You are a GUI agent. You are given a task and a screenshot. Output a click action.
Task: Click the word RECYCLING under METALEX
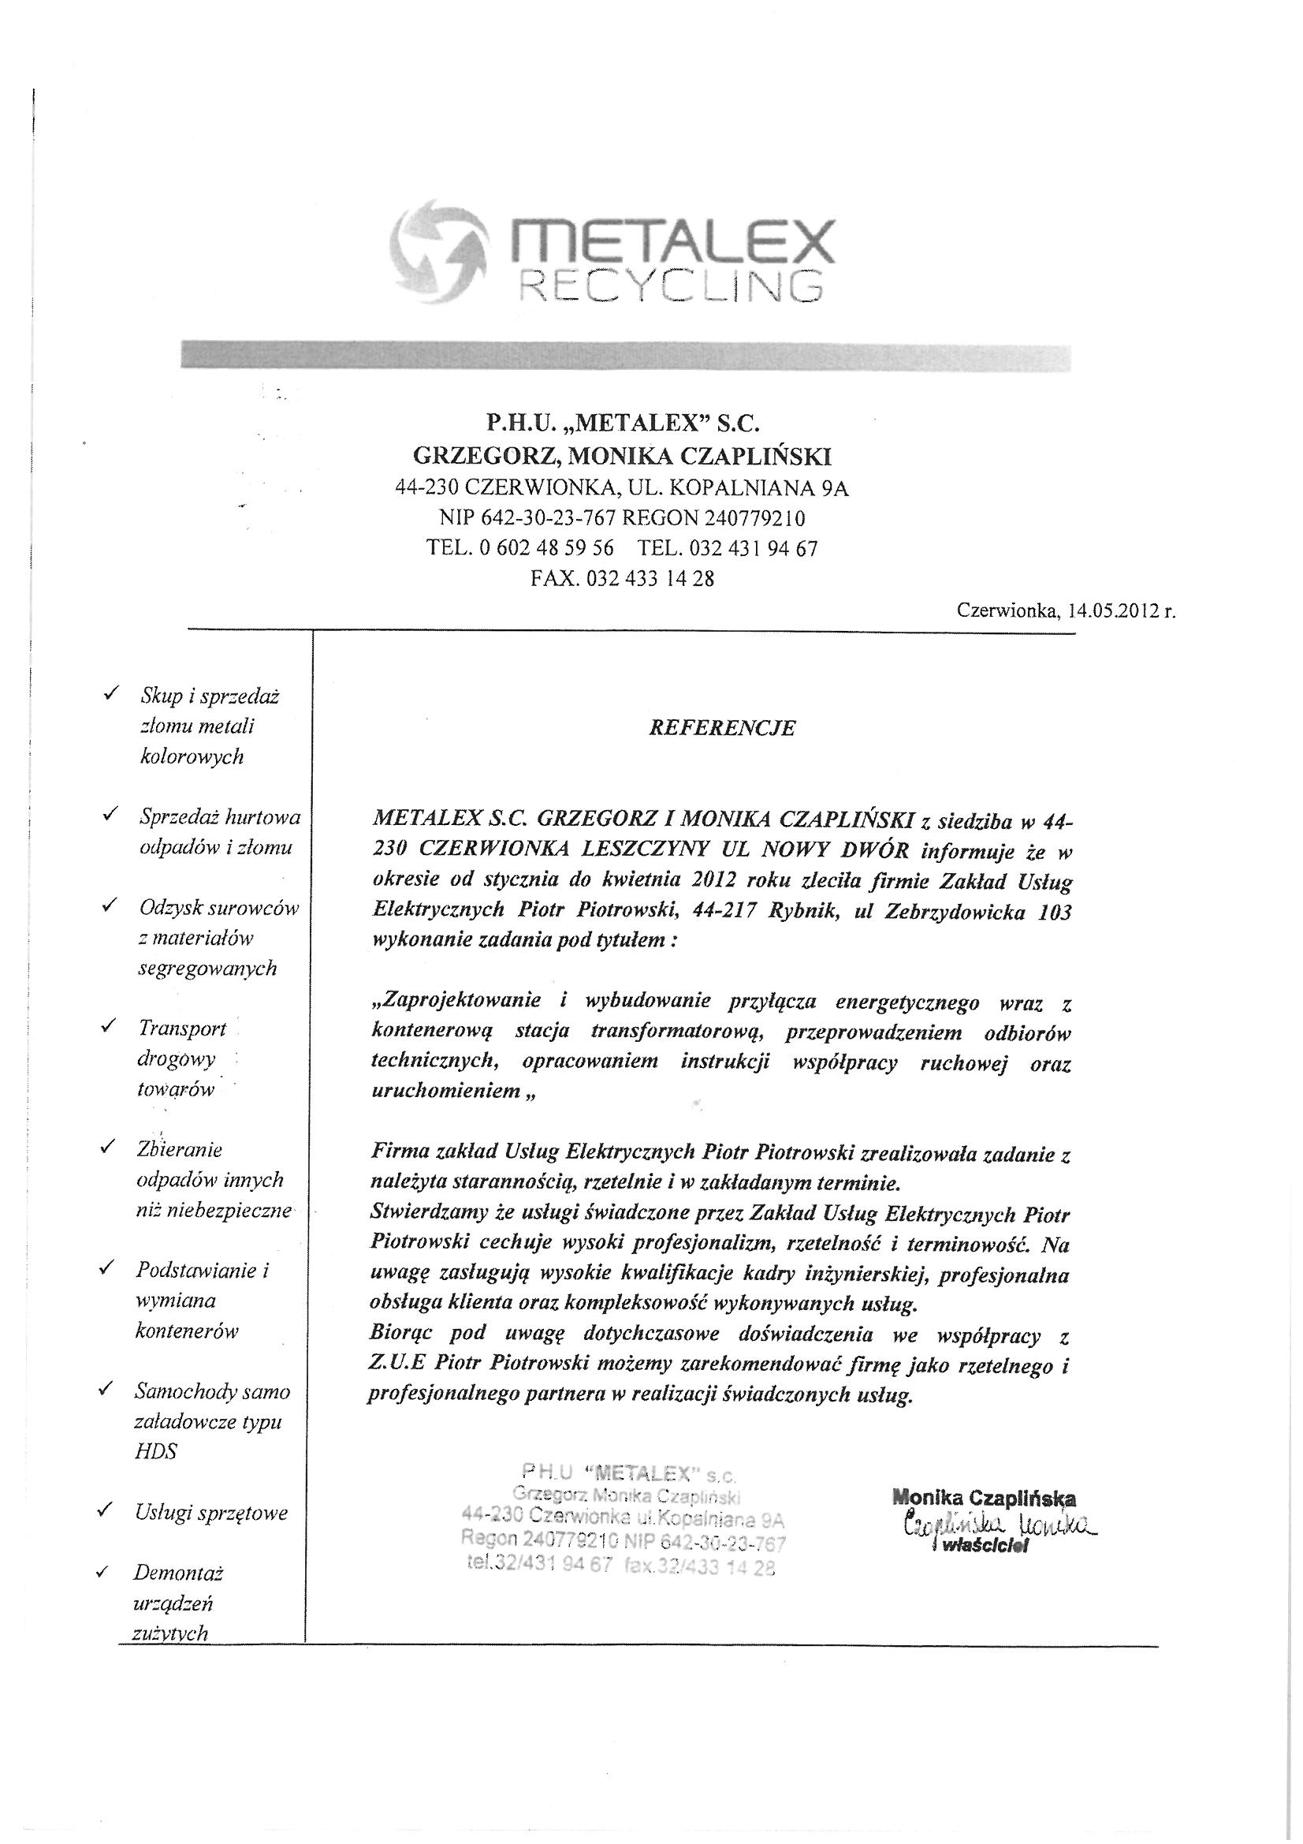(669, 286)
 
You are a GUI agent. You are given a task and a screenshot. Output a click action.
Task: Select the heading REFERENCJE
(722, 728)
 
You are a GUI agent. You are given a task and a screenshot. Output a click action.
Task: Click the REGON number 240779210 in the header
(754, 517)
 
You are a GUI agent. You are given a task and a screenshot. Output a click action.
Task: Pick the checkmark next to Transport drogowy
(106, 1025)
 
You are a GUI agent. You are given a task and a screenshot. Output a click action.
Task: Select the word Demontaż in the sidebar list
(178, 1572)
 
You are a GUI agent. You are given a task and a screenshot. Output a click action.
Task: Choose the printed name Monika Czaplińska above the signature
(984, 1498)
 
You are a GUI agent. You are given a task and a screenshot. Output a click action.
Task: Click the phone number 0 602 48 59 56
(546, 547)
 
